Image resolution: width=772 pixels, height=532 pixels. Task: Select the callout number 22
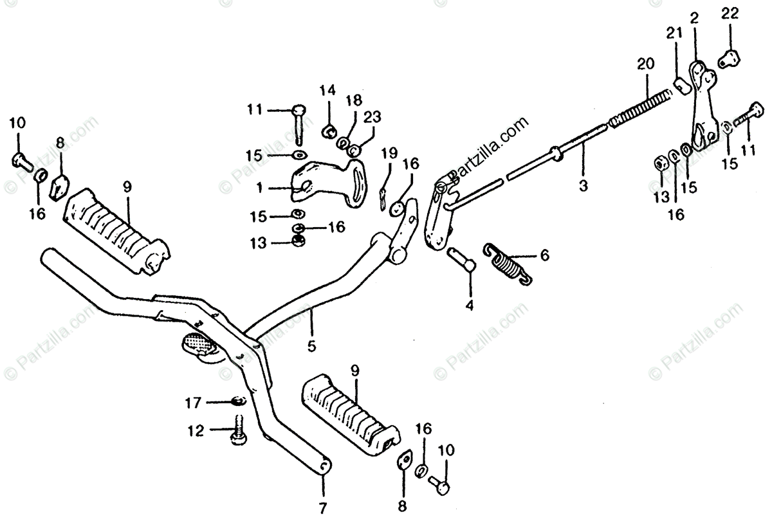[x=730, y=13]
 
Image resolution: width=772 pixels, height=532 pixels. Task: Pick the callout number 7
[x=322, y=508]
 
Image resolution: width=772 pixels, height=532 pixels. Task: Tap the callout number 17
[x=193, y=403]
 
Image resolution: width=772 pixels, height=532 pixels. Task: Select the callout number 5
[x=311, y=346]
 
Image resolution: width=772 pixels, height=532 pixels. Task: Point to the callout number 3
[x=583, y=187]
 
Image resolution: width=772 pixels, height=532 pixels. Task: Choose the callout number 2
[x=694, y=17]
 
